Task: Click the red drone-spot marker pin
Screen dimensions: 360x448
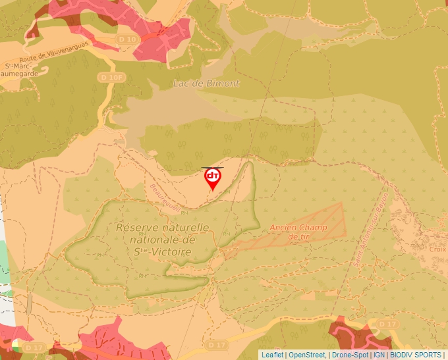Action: [212, 178]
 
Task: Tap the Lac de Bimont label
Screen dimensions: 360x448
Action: [206, 84]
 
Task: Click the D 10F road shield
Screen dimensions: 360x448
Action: [111, 78]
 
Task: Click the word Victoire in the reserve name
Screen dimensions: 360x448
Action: [171, 252]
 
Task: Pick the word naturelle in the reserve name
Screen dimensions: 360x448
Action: [185, 227]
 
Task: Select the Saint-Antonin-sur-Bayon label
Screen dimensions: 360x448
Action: [371, 228]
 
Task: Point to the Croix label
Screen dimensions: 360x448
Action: [438, 249]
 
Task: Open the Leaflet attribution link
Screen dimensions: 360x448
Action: [272, 355]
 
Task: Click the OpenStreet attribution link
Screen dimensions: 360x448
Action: [307, 355]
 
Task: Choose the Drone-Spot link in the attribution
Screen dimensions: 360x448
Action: [350, 355]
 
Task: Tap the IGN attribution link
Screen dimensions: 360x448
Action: [379, 355]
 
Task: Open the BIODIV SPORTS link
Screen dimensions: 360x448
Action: [416, 355]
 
